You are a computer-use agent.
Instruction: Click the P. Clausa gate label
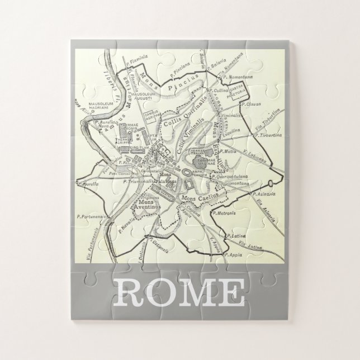[x=248, y=104]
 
